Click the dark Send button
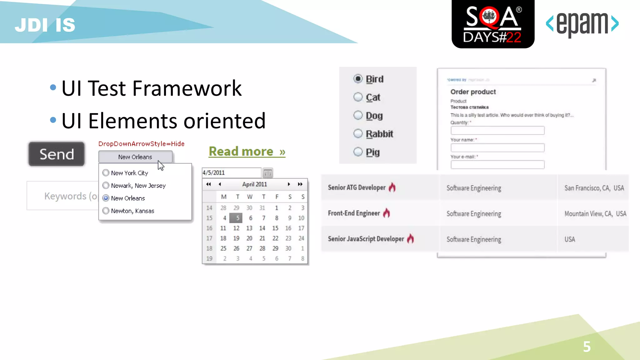pyautogui.click(x=57, y=154)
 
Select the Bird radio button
pyautogui.click(x=358, y=79)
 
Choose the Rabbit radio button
pyautogui.click(x=358, y=134)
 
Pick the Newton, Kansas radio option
pyautogui.click(x=106, y=211)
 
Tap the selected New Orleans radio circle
pyautogui.click(x=106, y=198)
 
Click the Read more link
pyautogui.click(x=247, y=152)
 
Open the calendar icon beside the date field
pyautogui.click(x=267, y=173)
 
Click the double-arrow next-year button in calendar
pyautogui.click(x=300, y=184)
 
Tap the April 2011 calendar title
pyautogui.click(x=254, y=184)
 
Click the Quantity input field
pyautogui.click(x=497, y=130)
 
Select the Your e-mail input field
pyautogui.click(x=497, y=164)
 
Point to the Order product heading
pyautogui.click(x=473, y=92)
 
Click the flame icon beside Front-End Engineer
pyautogui.click(x=387, y=213)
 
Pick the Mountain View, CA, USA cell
pyautogui.click(x=595, y=214)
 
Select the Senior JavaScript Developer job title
pyautogui.click(x=366, y=239)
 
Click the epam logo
pyautogui.click(x=582, y=24)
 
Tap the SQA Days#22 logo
pyautogui.click(x=493, y=24)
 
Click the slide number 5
pyautogui.click(x=587, y=347)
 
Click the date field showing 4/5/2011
pyautogui.click(x=231, y=173)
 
